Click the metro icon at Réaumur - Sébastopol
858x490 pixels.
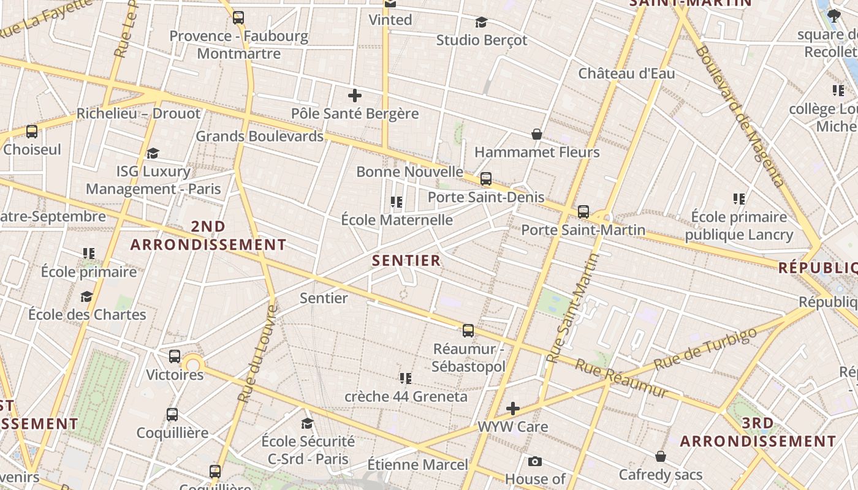pos(468,331)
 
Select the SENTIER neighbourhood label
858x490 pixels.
pos(406,260)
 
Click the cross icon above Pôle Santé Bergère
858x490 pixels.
pos(355,96)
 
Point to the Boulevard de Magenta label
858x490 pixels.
pos(740,116)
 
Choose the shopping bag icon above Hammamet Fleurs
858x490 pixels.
pos(537,134)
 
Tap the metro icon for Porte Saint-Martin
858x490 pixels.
pos(583,212)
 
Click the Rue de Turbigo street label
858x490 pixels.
pos(705,350)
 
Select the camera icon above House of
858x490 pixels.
pos(535,461)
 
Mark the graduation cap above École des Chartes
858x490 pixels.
pos(87,296)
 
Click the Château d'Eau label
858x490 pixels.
pos(626,73)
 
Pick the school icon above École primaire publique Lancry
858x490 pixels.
pos(739,198)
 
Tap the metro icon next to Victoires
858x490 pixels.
pos(175,356)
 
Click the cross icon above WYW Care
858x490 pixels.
pos(513,408)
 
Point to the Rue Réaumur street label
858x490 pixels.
pos(620,378)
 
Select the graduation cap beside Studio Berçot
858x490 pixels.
pos(482,23)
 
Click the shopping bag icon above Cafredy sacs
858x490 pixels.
pos(661,456)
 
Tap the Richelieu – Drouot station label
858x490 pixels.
pos(138,114)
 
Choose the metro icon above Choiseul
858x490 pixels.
pos(32,131)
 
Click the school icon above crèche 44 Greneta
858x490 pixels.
pos(406,378)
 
